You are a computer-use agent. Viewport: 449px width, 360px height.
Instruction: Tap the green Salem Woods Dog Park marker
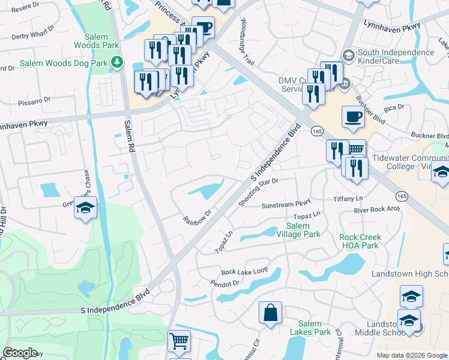pyautogui.click(x=118, y=62)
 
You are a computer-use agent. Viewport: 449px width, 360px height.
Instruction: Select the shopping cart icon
pyautogui.click(x=179, y=341)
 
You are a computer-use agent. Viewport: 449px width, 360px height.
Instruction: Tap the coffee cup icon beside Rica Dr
pyautogui.click(x=353, y=116)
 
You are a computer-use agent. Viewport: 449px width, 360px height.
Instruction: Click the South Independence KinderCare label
pyautogui.click(x=396, y=56)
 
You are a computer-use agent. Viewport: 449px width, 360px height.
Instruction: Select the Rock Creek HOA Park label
pyautogui.click(x=360, y=241)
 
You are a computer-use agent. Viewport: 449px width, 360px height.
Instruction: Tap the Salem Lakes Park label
pyautogui.click(x=310, y=328)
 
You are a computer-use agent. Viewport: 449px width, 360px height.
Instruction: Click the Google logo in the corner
pyautogui.click(x=20, y=353)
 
